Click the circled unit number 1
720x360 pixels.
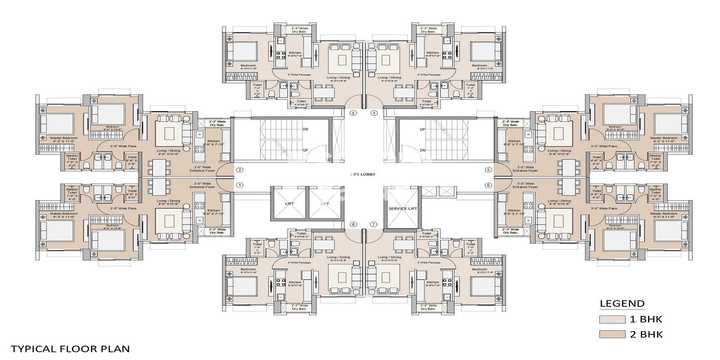pos(240,185)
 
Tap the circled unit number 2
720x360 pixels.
pos(240,170)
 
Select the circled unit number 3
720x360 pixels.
pos(353,113)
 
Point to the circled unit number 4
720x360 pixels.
pos(374,113)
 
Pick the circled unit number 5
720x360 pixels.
pos(488,170)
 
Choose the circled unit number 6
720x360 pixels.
pos(488,185)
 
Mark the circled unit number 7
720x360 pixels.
pos(373,224)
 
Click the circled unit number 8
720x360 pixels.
pos(353,224)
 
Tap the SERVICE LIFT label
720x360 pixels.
pos(403,208)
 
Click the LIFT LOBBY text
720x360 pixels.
pos(363,174)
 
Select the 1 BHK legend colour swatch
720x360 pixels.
pos(612,319)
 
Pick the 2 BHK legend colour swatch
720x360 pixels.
pos(612,334)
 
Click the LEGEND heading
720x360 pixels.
pos(622,303)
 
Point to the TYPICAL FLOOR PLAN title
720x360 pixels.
pos(70,349)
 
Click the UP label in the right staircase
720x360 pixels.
pos(422,130)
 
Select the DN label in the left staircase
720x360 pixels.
pos(306,130)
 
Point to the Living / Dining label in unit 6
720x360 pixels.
pos(559,202)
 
